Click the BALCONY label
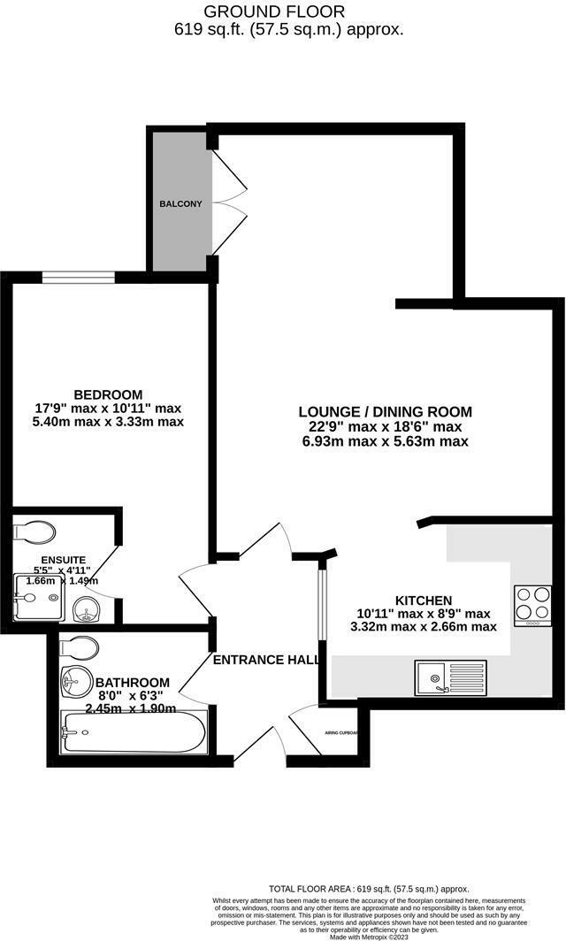180,204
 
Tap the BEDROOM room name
108,394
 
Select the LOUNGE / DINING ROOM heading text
386,412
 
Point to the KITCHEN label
424,599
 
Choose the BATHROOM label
133,683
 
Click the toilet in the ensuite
37,531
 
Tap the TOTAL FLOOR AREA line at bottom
370,888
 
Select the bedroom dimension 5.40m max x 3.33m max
108,422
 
